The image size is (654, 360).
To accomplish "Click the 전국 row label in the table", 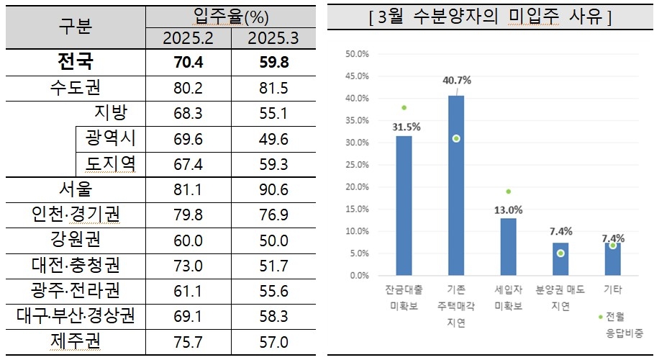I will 75,63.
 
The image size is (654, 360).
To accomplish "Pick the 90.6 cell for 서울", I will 273,190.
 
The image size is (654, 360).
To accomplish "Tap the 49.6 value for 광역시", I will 273,139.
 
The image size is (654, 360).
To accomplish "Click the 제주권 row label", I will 75,342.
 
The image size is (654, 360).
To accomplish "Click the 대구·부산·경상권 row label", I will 75,317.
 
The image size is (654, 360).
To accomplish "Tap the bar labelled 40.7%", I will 455,185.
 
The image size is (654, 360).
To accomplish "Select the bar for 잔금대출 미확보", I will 404,205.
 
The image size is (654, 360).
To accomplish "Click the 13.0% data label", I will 508,210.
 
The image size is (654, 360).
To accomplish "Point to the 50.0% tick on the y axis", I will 357,54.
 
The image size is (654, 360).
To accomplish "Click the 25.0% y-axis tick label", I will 357,165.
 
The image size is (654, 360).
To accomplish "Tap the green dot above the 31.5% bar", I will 404,107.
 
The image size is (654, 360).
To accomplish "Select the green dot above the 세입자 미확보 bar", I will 508,192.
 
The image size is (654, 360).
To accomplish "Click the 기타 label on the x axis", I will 612,289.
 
